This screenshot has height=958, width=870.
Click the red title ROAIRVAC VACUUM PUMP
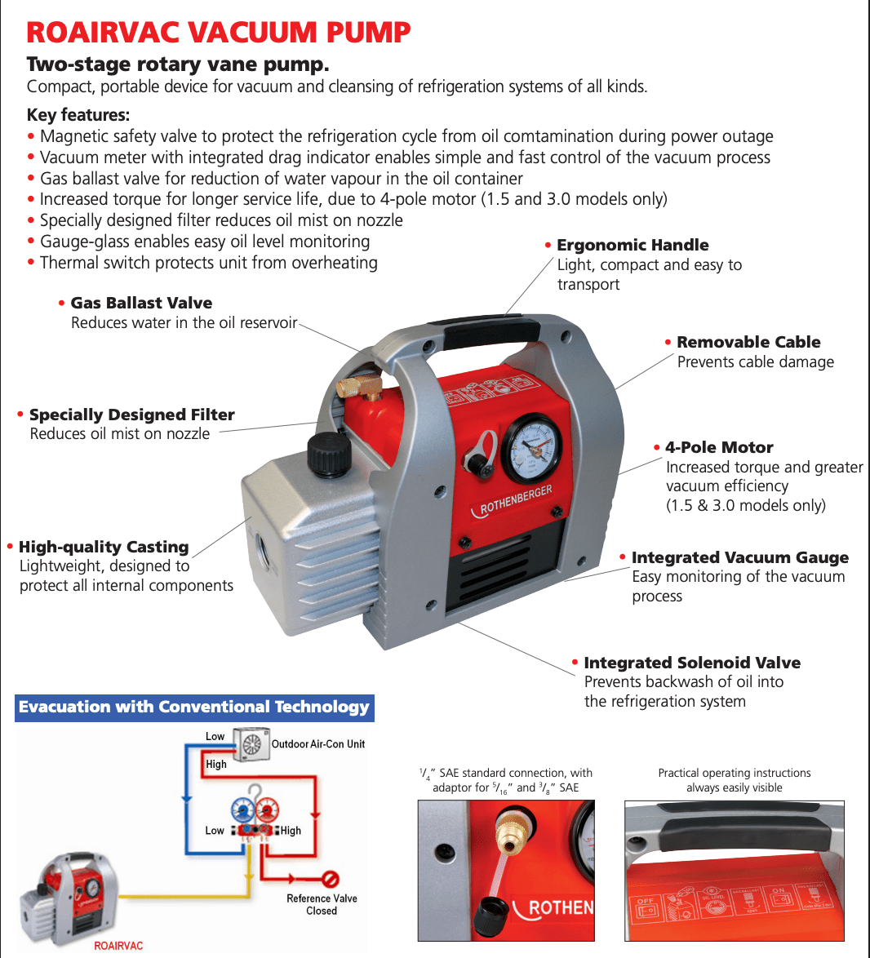(x=218, y=33)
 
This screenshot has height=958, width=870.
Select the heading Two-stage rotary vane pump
(x=178, y=64)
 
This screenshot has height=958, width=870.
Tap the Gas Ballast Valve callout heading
(x=140, y=303)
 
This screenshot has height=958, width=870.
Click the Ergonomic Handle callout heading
(x=632, y=245)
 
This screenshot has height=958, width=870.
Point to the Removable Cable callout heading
(x=748, y=342)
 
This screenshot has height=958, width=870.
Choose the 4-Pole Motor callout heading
(x=718, y=447)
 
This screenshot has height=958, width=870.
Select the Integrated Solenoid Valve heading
(x=691, y=663)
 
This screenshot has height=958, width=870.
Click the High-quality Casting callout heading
(x=103, y=547)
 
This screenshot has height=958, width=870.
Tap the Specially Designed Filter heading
(x=131, y=415)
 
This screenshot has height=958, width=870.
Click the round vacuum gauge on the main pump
(x=531, y=448)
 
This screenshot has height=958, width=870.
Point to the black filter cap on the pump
(x=329, y=451)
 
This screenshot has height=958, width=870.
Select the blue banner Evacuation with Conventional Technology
(x=194, y=707)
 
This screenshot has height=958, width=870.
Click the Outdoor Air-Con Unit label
(x=317, y=744)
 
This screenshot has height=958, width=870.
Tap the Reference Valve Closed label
(x=322, y=904)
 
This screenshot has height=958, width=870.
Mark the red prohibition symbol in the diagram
(x=330, y=879)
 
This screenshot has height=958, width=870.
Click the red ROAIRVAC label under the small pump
(x=118, y=946)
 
